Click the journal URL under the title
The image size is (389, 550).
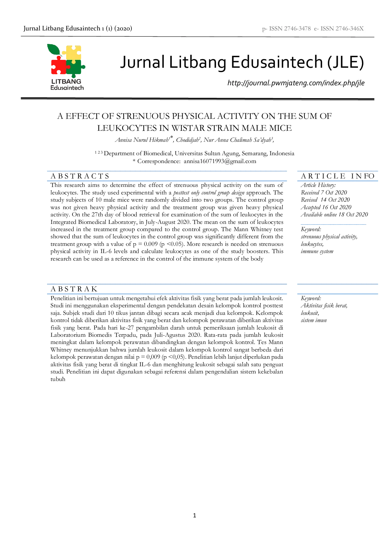pyautogui.click(x=296, y=83)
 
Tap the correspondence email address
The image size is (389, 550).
pyautogui.click(x=220, y=161)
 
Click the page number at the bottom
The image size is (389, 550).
pyautogui.click(x=194, y=515)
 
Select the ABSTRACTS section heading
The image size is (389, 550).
pyautogui.click(x=80, y=176)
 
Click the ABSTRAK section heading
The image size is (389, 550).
pyautogui.click(x=74, y=289)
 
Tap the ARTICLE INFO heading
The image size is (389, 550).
pyautogui.click(x=338, y=176)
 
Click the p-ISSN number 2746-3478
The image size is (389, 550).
pyautogui.click(x=297, y=29)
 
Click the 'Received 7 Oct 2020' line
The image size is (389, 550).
pyautogui.click(x=324, y=193)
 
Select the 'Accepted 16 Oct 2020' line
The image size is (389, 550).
pyautogui.click(x=326, y=207)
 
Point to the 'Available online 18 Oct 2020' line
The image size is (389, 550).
pyautogui.click(x=334, y=214)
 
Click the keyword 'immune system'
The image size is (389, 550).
pyautogui.click(x=317, y=251)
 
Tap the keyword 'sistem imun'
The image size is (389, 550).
pyautogui.click(x=314, y=320)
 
